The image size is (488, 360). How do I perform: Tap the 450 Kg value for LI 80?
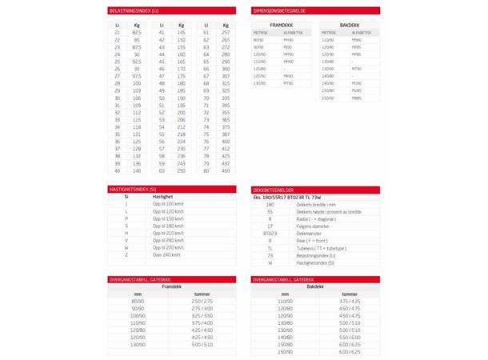(226, 170)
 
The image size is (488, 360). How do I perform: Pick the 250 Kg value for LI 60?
(181, 170)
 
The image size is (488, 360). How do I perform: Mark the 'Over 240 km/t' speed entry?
(167, 254)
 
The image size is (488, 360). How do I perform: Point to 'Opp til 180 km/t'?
(169, 225)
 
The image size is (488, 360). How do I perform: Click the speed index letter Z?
(126, 254)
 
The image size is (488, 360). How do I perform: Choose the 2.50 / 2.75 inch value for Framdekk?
(202, 300)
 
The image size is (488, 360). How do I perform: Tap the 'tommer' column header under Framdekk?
(202, 293)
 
